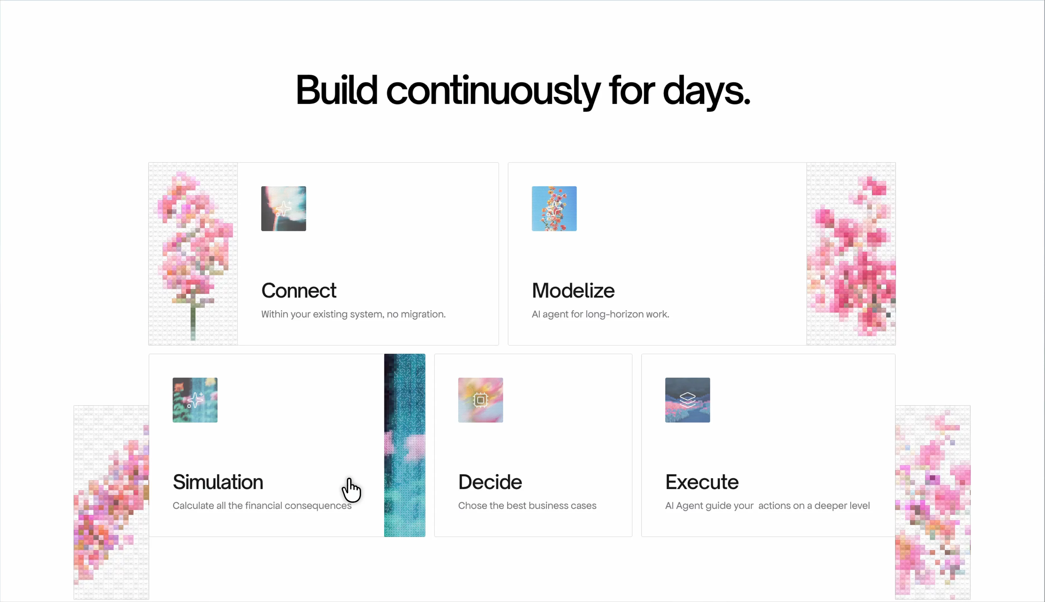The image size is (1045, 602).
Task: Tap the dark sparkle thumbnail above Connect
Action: click(x=284, y=208)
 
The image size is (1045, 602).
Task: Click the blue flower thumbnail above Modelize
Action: click(x=554, y=208)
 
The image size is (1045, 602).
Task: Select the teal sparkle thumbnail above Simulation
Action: click(x=195, y=400)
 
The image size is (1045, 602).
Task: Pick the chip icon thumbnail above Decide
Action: click(x=480, y=400)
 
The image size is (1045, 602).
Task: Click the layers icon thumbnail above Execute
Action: click(x=688, y=400)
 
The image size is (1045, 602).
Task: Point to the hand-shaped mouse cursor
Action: click(x=351, y=490)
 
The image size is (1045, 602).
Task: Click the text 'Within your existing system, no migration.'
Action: click(x=353, y=314)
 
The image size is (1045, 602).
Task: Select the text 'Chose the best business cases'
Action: click(x=527, y=506)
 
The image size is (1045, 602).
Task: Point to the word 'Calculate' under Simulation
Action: click(x=193, y=506)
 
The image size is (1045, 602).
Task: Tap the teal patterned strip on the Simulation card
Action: click(x=404, y=445)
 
